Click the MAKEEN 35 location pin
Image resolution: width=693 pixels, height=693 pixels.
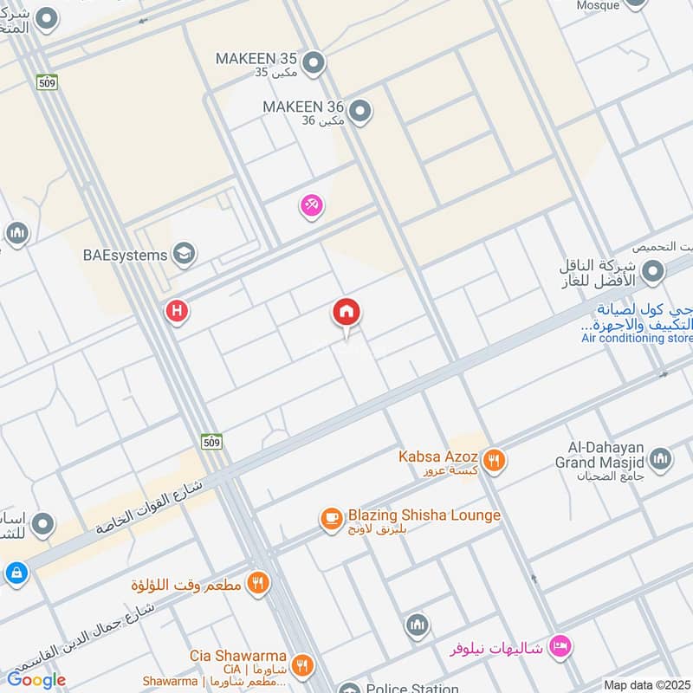coord(314,62)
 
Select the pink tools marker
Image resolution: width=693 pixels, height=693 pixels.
coord(311,205)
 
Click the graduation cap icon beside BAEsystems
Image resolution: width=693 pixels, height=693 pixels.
coord(184,254)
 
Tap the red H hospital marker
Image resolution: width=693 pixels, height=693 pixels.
coord(178,310)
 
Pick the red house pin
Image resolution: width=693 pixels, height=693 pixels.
coord(346,313)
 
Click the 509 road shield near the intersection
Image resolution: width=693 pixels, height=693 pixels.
coord(211,442)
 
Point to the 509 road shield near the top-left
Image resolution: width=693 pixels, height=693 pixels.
coord(47,82)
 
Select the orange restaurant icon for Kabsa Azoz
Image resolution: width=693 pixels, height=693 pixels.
coord(494,460)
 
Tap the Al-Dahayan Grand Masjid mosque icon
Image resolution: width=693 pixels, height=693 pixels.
coord(660,458)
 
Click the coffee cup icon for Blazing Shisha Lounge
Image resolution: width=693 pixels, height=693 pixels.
coord(331,518)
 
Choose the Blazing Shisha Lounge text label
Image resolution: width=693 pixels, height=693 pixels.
coord(424,515)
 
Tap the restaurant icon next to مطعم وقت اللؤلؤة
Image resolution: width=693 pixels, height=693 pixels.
coord(256,583)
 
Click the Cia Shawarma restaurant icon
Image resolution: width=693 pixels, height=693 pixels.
coord(301,664)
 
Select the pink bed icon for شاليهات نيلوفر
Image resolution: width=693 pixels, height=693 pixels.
coord(560,646)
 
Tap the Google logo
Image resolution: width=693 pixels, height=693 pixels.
coord(36,680)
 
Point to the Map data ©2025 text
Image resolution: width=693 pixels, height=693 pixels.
coord(646,684)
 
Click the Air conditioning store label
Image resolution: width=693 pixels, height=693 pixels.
coord(636,339)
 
